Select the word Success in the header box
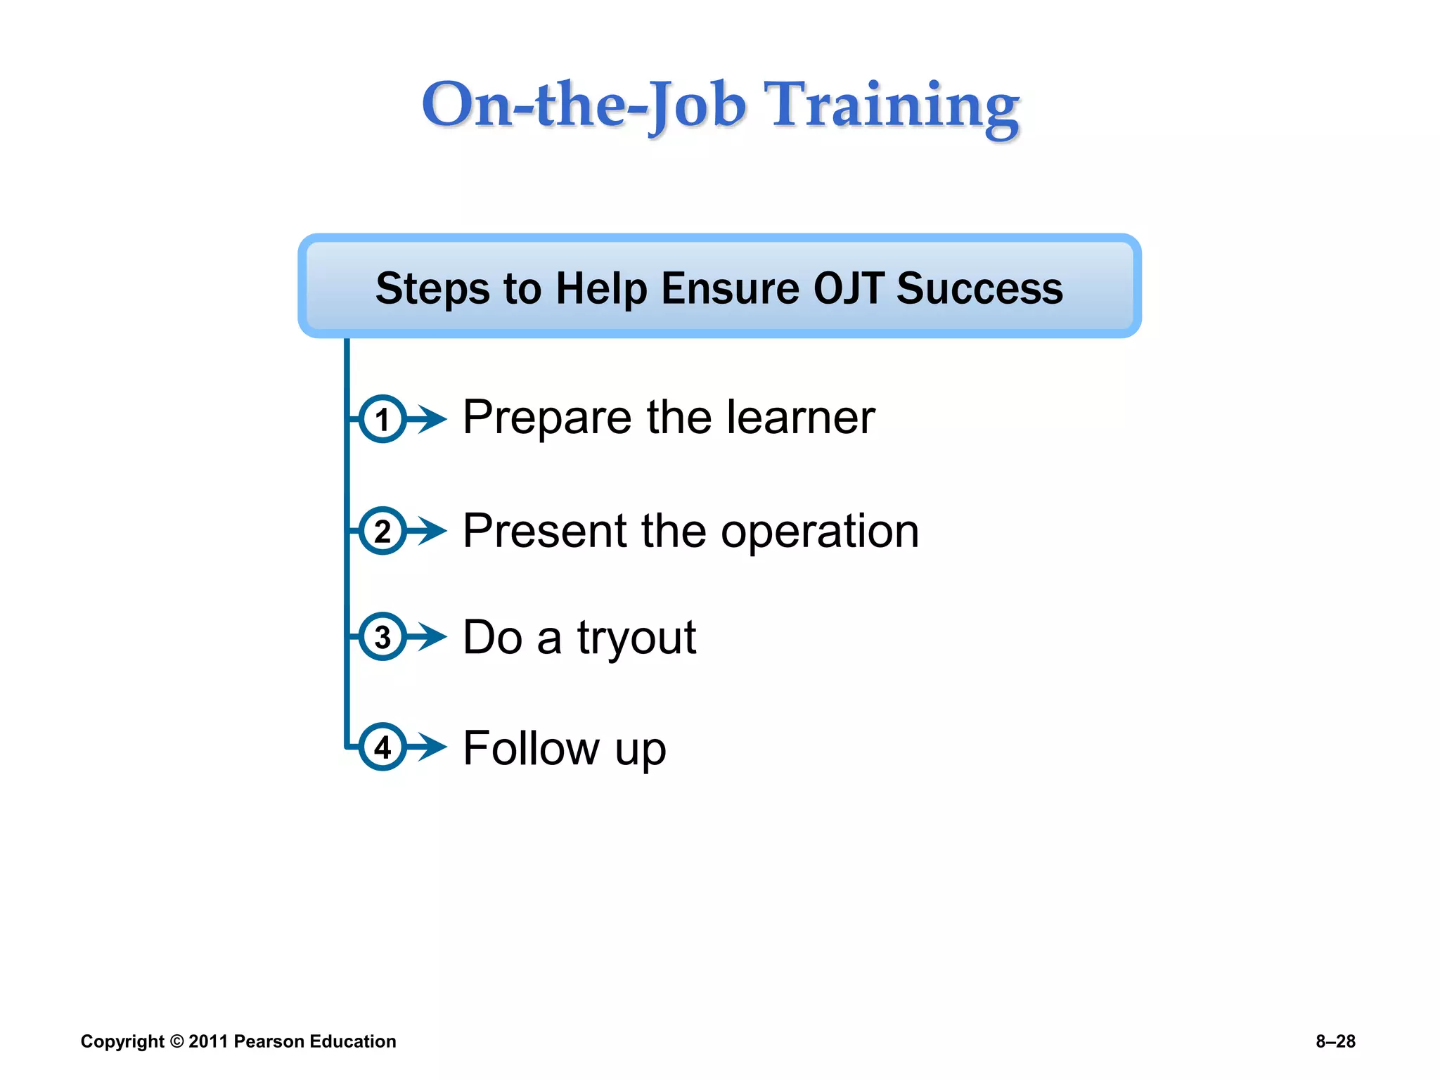coord(979,288)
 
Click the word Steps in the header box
coord(432,288)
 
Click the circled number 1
coord(382,419)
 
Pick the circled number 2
coord(382,531)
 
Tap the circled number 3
coord(382,637)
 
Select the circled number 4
coord(382,747)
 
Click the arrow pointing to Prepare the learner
coord(429,419)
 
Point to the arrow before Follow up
coord(429,747)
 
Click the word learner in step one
coord(801,417)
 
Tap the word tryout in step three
coord(636,637)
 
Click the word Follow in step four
coord(531,747)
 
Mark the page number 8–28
coord(1335,1041)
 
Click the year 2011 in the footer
coord(208,1041)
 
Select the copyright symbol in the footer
coord(176,1041)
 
